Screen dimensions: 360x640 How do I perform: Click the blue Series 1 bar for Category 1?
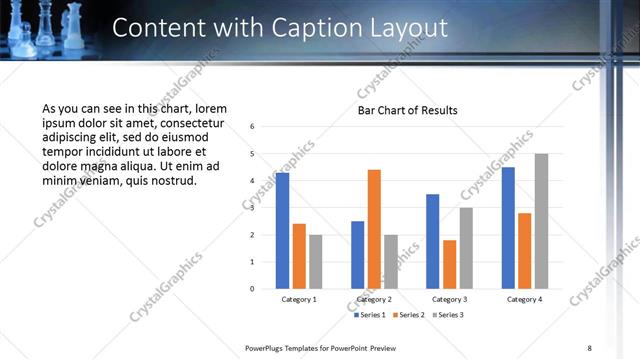[282, 231]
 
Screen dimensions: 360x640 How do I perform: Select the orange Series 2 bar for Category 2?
[374, 229]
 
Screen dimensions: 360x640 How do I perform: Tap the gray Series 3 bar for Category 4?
[541, 221]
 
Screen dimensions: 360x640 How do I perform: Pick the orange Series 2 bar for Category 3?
[449, 264]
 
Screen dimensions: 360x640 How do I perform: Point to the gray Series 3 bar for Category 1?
[315, 262]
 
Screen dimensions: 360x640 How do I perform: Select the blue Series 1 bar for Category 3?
[433, 241]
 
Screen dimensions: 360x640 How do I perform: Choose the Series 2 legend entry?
[410, 315]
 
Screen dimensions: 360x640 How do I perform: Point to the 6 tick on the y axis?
[253, 127]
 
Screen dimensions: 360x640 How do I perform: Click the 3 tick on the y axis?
[253, 208]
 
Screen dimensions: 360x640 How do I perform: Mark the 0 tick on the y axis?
[253, 289]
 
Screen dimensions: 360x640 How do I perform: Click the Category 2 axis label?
[374, 299]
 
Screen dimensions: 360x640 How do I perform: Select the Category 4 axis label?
[524, 299]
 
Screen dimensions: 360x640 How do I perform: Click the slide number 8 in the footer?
[589, 347]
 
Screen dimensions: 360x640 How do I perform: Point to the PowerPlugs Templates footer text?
[321, 347]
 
